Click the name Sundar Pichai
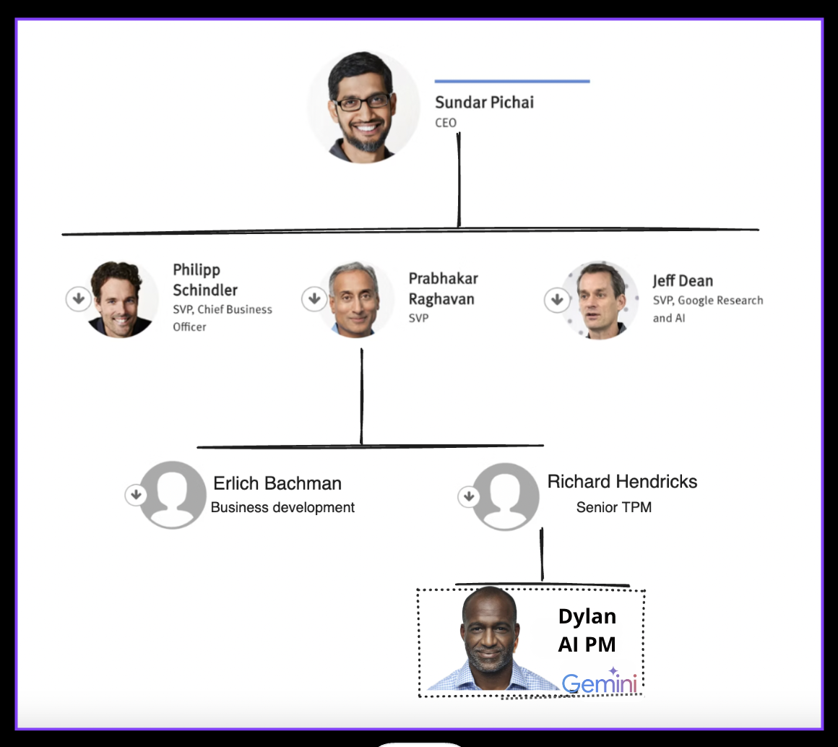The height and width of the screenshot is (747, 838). click(x=484, y=103)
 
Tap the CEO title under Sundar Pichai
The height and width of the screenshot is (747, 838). click(x=446, y=123)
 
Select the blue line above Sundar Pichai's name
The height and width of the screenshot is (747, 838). click(x=511, y=82)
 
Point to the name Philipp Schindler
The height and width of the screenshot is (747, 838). click(x=204, y=280)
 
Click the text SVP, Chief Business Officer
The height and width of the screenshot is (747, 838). click(x=222, y=318)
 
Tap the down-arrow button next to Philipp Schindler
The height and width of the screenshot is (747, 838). click(x=78, y=299)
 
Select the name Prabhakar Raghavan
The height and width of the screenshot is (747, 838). click(x=443, y=288)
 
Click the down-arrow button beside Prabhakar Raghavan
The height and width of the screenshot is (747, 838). click(x=314, y=298)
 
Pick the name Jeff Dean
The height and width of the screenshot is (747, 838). click(x=682, y=281)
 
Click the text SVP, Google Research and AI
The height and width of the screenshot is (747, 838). click(x=707, y=308)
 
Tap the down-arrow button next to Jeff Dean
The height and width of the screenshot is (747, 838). click(x=556, y=299)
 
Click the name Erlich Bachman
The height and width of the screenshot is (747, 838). click(x=277, y=483)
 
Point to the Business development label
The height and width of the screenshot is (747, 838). click(x=282, y=508)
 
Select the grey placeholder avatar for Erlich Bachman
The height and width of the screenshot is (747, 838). click(x=173, y=495)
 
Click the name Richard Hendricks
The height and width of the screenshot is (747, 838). click(x=622, y=482)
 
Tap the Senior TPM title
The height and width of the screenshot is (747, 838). click(x=613, y=508)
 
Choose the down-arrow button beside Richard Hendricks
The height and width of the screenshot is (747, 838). click(x=468, y=496)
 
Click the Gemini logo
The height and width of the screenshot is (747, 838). click(x=600, y=683)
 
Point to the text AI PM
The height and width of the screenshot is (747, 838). click(x=587, y=644)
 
